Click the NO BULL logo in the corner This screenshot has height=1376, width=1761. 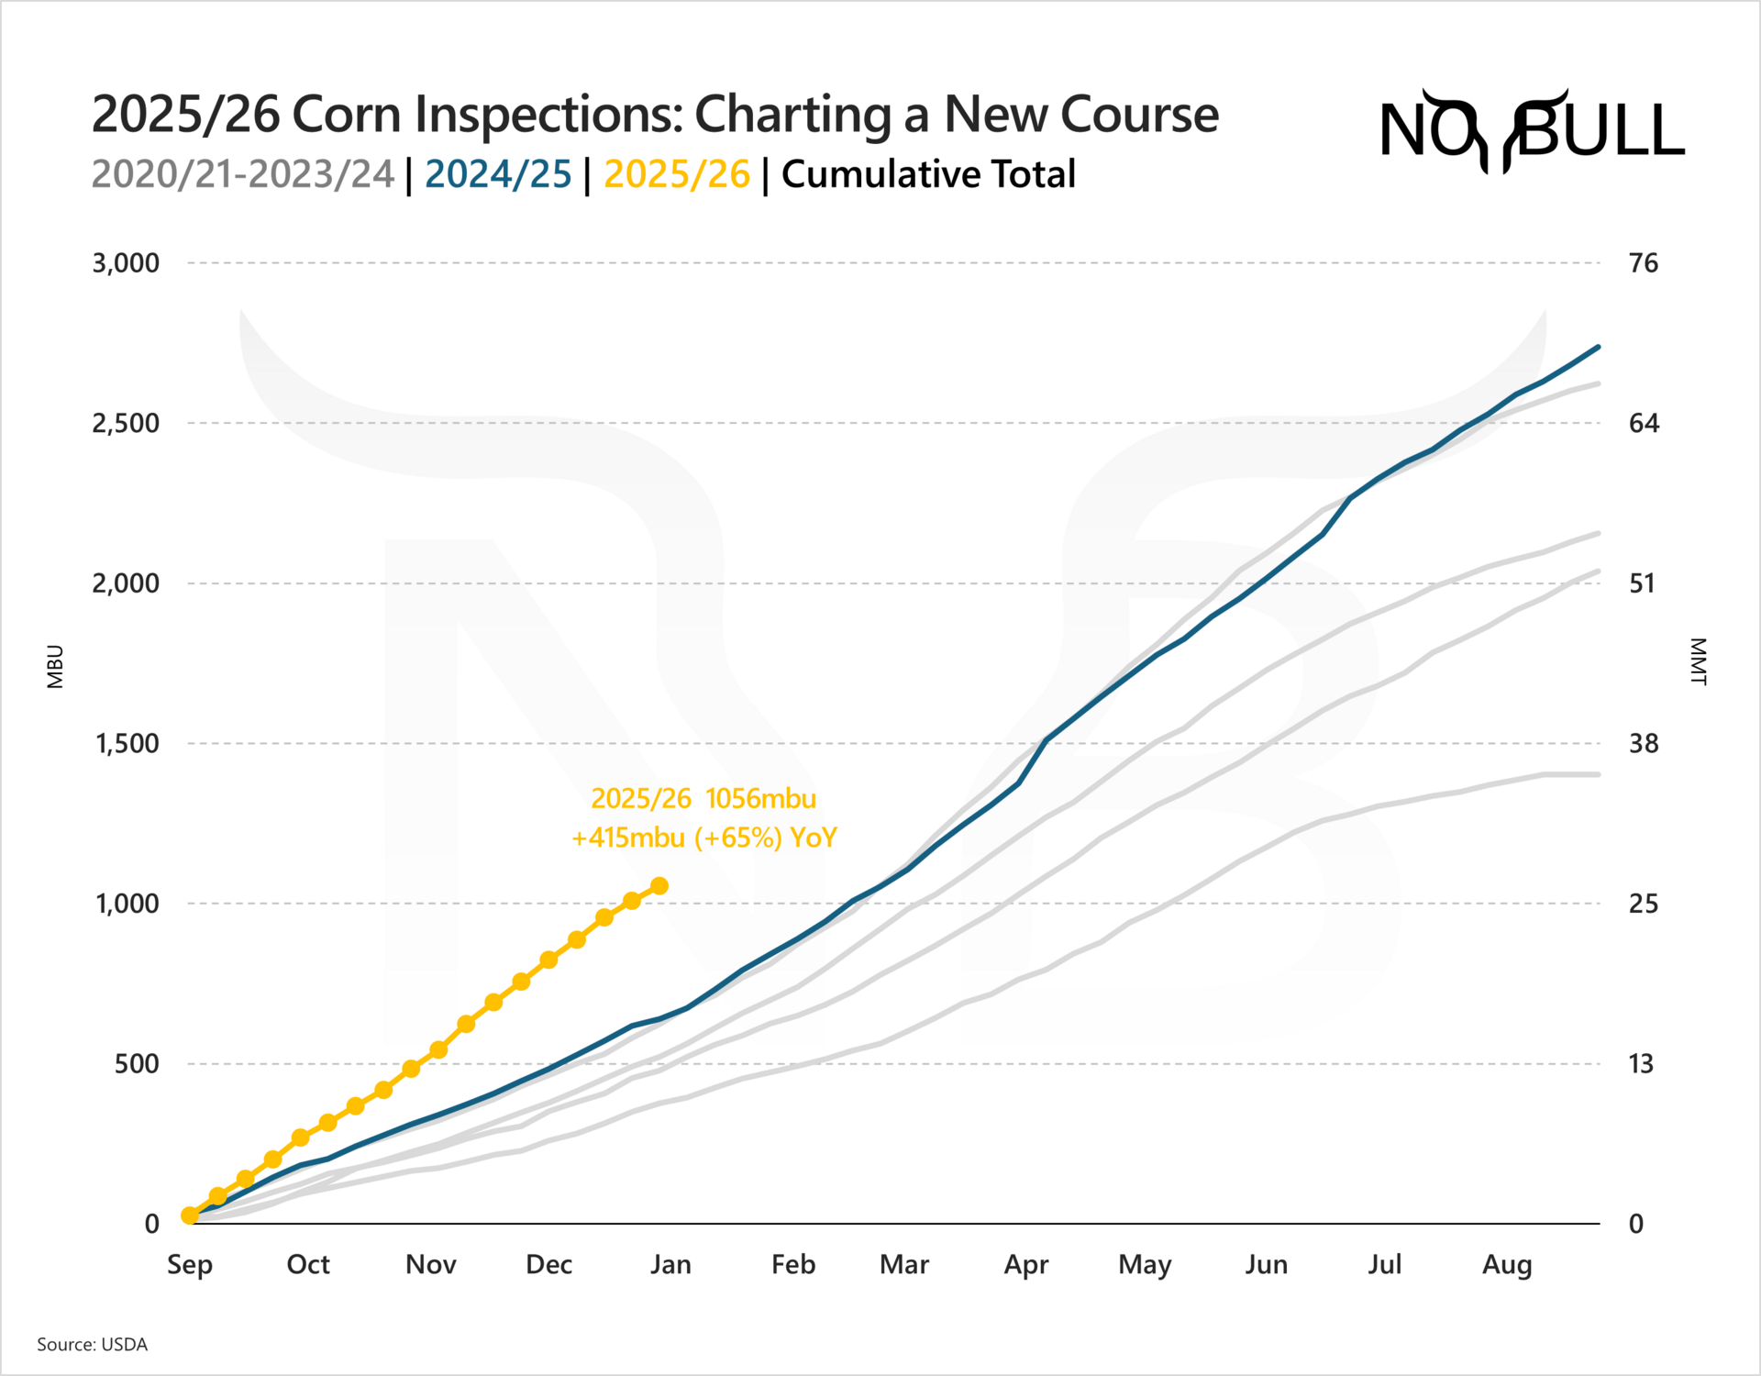[x=1532, y=131]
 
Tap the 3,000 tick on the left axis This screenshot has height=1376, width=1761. [x=126, y=263]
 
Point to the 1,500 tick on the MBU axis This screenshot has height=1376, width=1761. [x=127, y=744]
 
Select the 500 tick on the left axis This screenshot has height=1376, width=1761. [x=137, y=1064]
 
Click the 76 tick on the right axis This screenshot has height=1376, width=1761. [x=1643, y=263]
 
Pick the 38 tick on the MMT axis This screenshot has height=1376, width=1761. [x=1643, y=744]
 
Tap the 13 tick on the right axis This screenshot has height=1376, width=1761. [x=1641, y=1064]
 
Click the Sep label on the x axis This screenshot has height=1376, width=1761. [x=190, y=1265]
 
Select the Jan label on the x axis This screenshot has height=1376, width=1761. [x=670, y=1265]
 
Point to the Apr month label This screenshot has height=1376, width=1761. [x=1025, y=1265]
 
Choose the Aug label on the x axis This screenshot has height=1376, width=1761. [x=1507, y=1265]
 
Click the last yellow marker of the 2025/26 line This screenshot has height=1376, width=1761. [x=659, y=886]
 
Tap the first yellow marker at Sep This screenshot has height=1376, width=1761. [x=190, y=1215]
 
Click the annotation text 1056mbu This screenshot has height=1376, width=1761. [x=760, y=799]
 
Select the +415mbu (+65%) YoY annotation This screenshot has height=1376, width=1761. [x=703, y=838]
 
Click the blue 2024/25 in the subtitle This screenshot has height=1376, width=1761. [x=498, y=174]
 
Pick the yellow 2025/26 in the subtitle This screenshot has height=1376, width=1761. [x=677, y=174]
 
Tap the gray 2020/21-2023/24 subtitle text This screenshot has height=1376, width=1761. [x=243, y=174]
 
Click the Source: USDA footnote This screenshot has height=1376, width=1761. [x=92, y=1345]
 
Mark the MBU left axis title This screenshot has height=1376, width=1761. [x=56, y=667]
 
